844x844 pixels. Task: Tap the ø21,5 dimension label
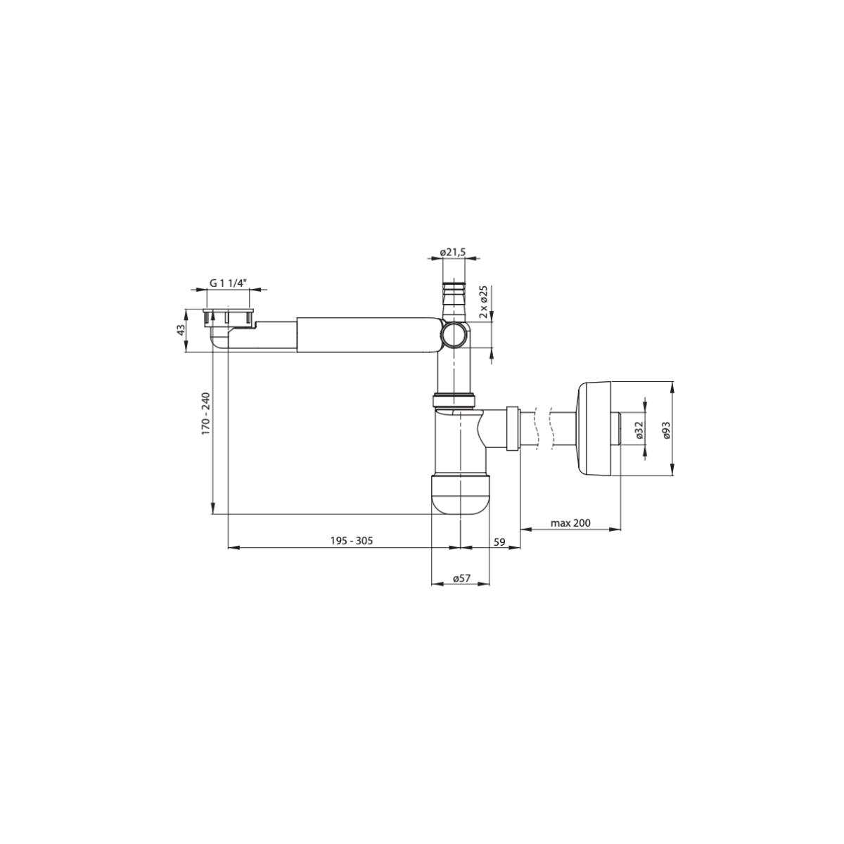click(x=454, y=252)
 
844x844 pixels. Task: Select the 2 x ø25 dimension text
click(x=483, y=302)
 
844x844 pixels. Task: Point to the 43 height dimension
click(x=181, y=329)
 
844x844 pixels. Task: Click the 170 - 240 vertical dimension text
click(x=206, y=413)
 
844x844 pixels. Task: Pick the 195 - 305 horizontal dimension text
click(x=351, y=541)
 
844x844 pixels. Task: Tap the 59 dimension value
click(x=499, y=541)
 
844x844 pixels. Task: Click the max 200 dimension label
click(x=570, y=523)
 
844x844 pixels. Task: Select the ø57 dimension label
click(x=461, y=578)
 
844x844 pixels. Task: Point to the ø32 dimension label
click(x=639, y=430)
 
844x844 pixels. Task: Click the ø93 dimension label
click(x=666, y=430)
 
